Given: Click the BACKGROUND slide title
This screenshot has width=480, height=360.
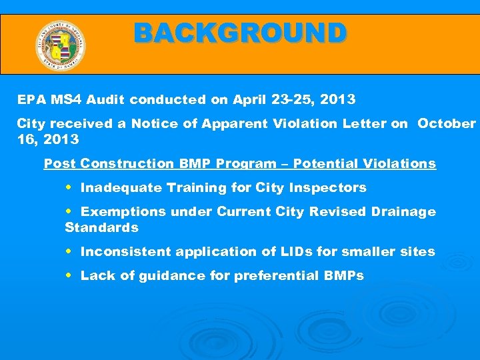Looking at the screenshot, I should (x=240, y=33).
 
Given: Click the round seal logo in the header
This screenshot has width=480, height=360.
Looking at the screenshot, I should (x=60, y=45).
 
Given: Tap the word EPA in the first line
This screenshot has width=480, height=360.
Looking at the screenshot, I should (x=29, y=100).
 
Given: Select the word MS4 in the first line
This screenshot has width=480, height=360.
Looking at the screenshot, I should (x=60, y=100).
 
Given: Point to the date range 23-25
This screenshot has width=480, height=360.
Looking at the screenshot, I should (x=291, y=100).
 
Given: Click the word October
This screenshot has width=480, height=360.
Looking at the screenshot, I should (x=447, y=124).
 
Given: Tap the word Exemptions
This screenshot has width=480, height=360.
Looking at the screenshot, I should (x=123, y=212).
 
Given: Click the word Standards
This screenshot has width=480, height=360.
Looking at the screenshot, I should (x=101, y=228).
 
